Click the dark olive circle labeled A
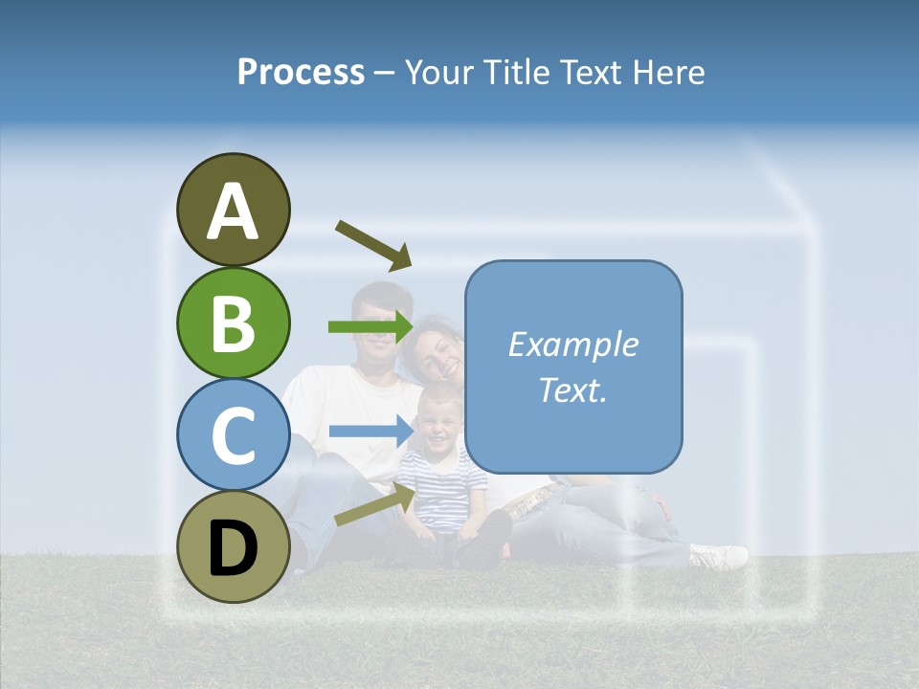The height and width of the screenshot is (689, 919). click(234, 210)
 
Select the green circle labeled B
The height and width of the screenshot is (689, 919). click(234, 322)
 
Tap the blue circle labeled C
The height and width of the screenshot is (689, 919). click(234, 434)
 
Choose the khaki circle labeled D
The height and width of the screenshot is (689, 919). click(234, 546)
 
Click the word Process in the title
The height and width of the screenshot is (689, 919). click(301, 72)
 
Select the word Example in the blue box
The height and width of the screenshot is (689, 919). click(572, 344)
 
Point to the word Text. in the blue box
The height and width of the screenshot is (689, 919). click(572, 389)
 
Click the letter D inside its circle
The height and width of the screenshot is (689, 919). click(234, 548)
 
